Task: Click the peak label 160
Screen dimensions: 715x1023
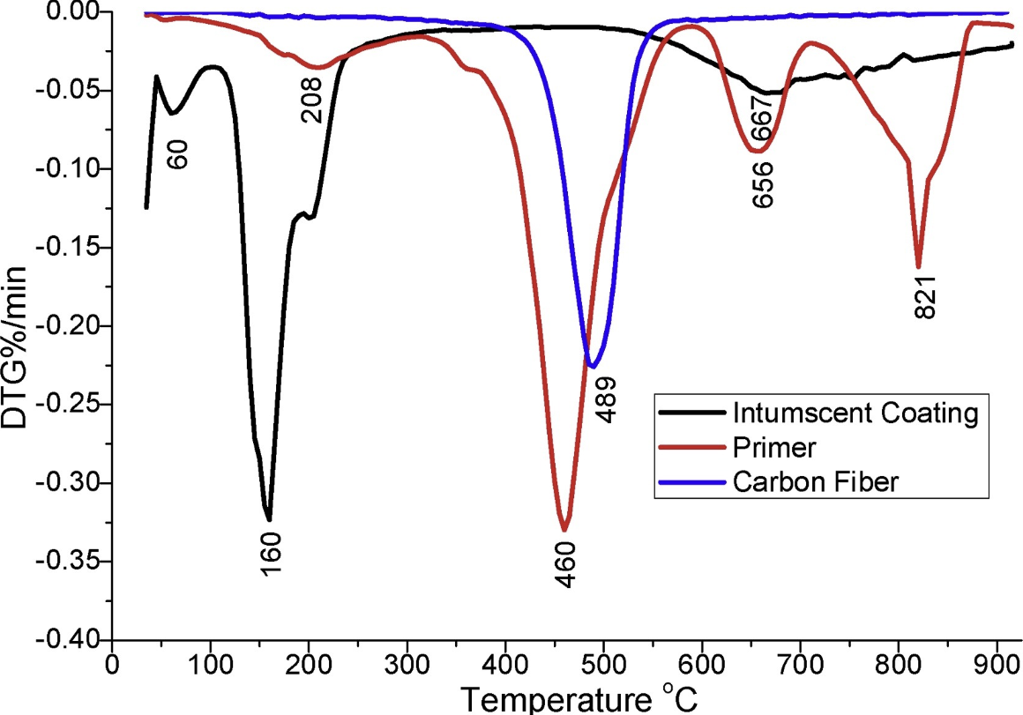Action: tap(272, 554)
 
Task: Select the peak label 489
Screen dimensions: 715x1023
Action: tap(606, 399)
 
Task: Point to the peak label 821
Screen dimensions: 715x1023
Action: tap(924, 296)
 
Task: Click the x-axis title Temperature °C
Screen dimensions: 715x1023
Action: tap(581, 698)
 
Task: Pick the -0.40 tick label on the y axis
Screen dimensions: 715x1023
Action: tap(73, 640)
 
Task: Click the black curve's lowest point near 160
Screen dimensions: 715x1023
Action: tap(269, 519)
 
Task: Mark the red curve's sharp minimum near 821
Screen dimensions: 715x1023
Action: tap(918, 266)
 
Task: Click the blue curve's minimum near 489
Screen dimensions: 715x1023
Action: tap(593, 366)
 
